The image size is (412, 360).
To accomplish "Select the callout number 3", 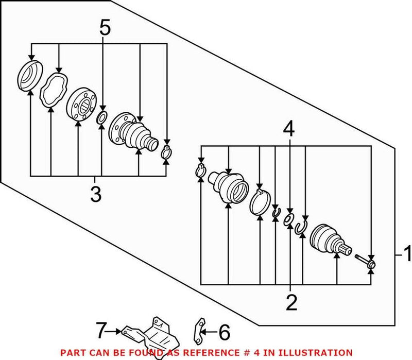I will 96,195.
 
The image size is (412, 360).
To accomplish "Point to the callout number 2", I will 291,303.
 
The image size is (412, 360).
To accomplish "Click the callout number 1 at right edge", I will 406,254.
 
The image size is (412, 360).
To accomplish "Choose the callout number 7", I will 101,328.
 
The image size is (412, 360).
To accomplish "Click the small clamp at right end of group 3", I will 165,152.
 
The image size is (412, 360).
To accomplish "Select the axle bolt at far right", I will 366,261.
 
